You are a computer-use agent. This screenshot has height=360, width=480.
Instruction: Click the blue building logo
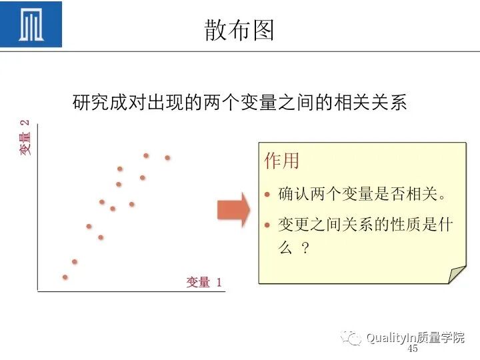pos(31,25)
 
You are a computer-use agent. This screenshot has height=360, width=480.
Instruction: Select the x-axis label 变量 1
pos(204,283)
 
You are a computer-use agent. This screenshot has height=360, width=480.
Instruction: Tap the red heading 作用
pos(281,161)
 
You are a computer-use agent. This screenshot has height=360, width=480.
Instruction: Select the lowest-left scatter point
pos(65,277)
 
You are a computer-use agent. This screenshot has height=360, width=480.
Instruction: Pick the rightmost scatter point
pos(167,158)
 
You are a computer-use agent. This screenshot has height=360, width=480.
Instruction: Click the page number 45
pos(412,349)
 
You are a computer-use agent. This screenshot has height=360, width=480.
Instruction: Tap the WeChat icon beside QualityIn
pos(351,338)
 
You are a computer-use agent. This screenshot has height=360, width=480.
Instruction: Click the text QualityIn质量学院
pos(415,338)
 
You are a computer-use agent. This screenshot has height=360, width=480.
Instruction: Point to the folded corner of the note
pos(457,273)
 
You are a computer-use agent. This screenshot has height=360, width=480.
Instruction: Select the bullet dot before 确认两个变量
pos(267,195)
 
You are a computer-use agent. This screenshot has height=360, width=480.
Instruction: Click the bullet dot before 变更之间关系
pos(267,225)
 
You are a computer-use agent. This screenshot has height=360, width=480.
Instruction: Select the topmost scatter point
pos(146,155)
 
